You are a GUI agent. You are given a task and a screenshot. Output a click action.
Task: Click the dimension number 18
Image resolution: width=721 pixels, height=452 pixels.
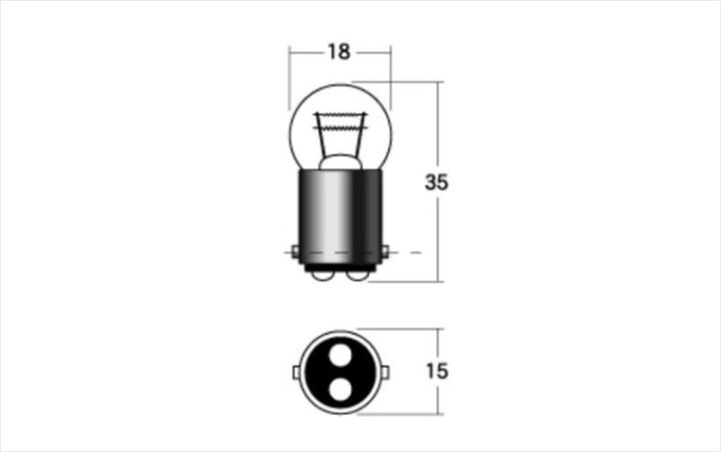tap(339, 52)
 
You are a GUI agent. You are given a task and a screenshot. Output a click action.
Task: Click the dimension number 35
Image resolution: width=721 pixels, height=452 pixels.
tap(435, 182)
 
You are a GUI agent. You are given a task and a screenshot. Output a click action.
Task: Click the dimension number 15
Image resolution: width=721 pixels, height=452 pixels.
tap(436, 371)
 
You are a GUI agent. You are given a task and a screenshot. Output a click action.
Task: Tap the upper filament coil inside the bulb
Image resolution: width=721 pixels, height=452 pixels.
tap(341, 115)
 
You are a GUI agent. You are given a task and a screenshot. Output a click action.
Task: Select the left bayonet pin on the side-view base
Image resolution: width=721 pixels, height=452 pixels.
tap(295, 252)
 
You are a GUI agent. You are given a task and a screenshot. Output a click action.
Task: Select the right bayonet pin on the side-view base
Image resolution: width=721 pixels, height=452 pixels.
tap(385, 252)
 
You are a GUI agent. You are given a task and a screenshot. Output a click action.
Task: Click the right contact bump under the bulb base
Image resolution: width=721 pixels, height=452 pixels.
tap(359, 275)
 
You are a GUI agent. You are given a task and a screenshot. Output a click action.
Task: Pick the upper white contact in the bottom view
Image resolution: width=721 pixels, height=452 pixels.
tap(341, 355)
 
